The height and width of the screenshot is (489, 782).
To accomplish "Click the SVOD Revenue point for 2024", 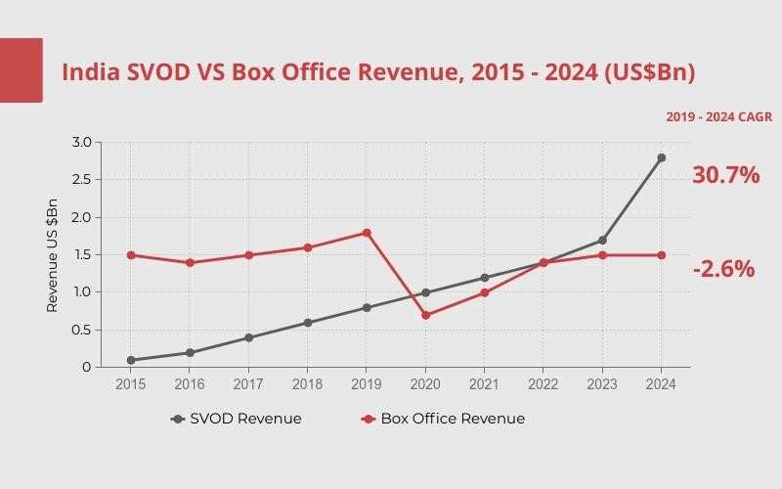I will [x=661, y=157].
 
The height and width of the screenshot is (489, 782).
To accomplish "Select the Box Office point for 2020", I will [x=425, y=315].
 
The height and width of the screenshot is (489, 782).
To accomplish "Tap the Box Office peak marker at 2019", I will [x=367, y=233].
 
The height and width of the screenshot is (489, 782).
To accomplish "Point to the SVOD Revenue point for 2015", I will [x=131, y=360].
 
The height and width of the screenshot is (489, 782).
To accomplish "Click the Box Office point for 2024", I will [x=661, y=255].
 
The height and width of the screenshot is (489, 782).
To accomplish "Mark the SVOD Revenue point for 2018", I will [x=307, y=323].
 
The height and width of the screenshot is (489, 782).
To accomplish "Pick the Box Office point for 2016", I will [x=190, y=262].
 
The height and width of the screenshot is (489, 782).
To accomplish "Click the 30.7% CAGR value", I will [x=725, y=175].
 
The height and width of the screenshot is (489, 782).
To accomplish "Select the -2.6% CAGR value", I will [x=723, y=269].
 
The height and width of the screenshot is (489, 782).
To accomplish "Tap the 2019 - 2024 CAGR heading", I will [x=718, y=116].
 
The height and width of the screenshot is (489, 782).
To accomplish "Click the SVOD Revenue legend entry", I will [x=236, y=419].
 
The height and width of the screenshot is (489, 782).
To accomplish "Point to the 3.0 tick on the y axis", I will [x=81, y=143].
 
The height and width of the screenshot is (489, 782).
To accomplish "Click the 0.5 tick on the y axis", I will [x=81, y=330].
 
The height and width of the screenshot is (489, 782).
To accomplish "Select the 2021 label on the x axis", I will [x=484, y=384].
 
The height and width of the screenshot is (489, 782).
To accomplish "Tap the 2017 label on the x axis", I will [x=248, y=384].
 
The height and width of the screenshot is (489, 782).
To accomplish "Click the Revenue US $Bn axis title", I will [x=53, y=255].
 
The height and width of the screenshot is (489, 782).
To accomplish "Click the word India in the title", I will [x=91, y=72].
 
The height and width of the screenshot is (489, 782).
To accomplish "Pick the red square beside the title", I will [x=21, y=70].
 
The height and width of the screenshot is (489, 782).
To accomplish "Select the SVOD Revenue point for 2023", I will [x=602, y=240].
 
